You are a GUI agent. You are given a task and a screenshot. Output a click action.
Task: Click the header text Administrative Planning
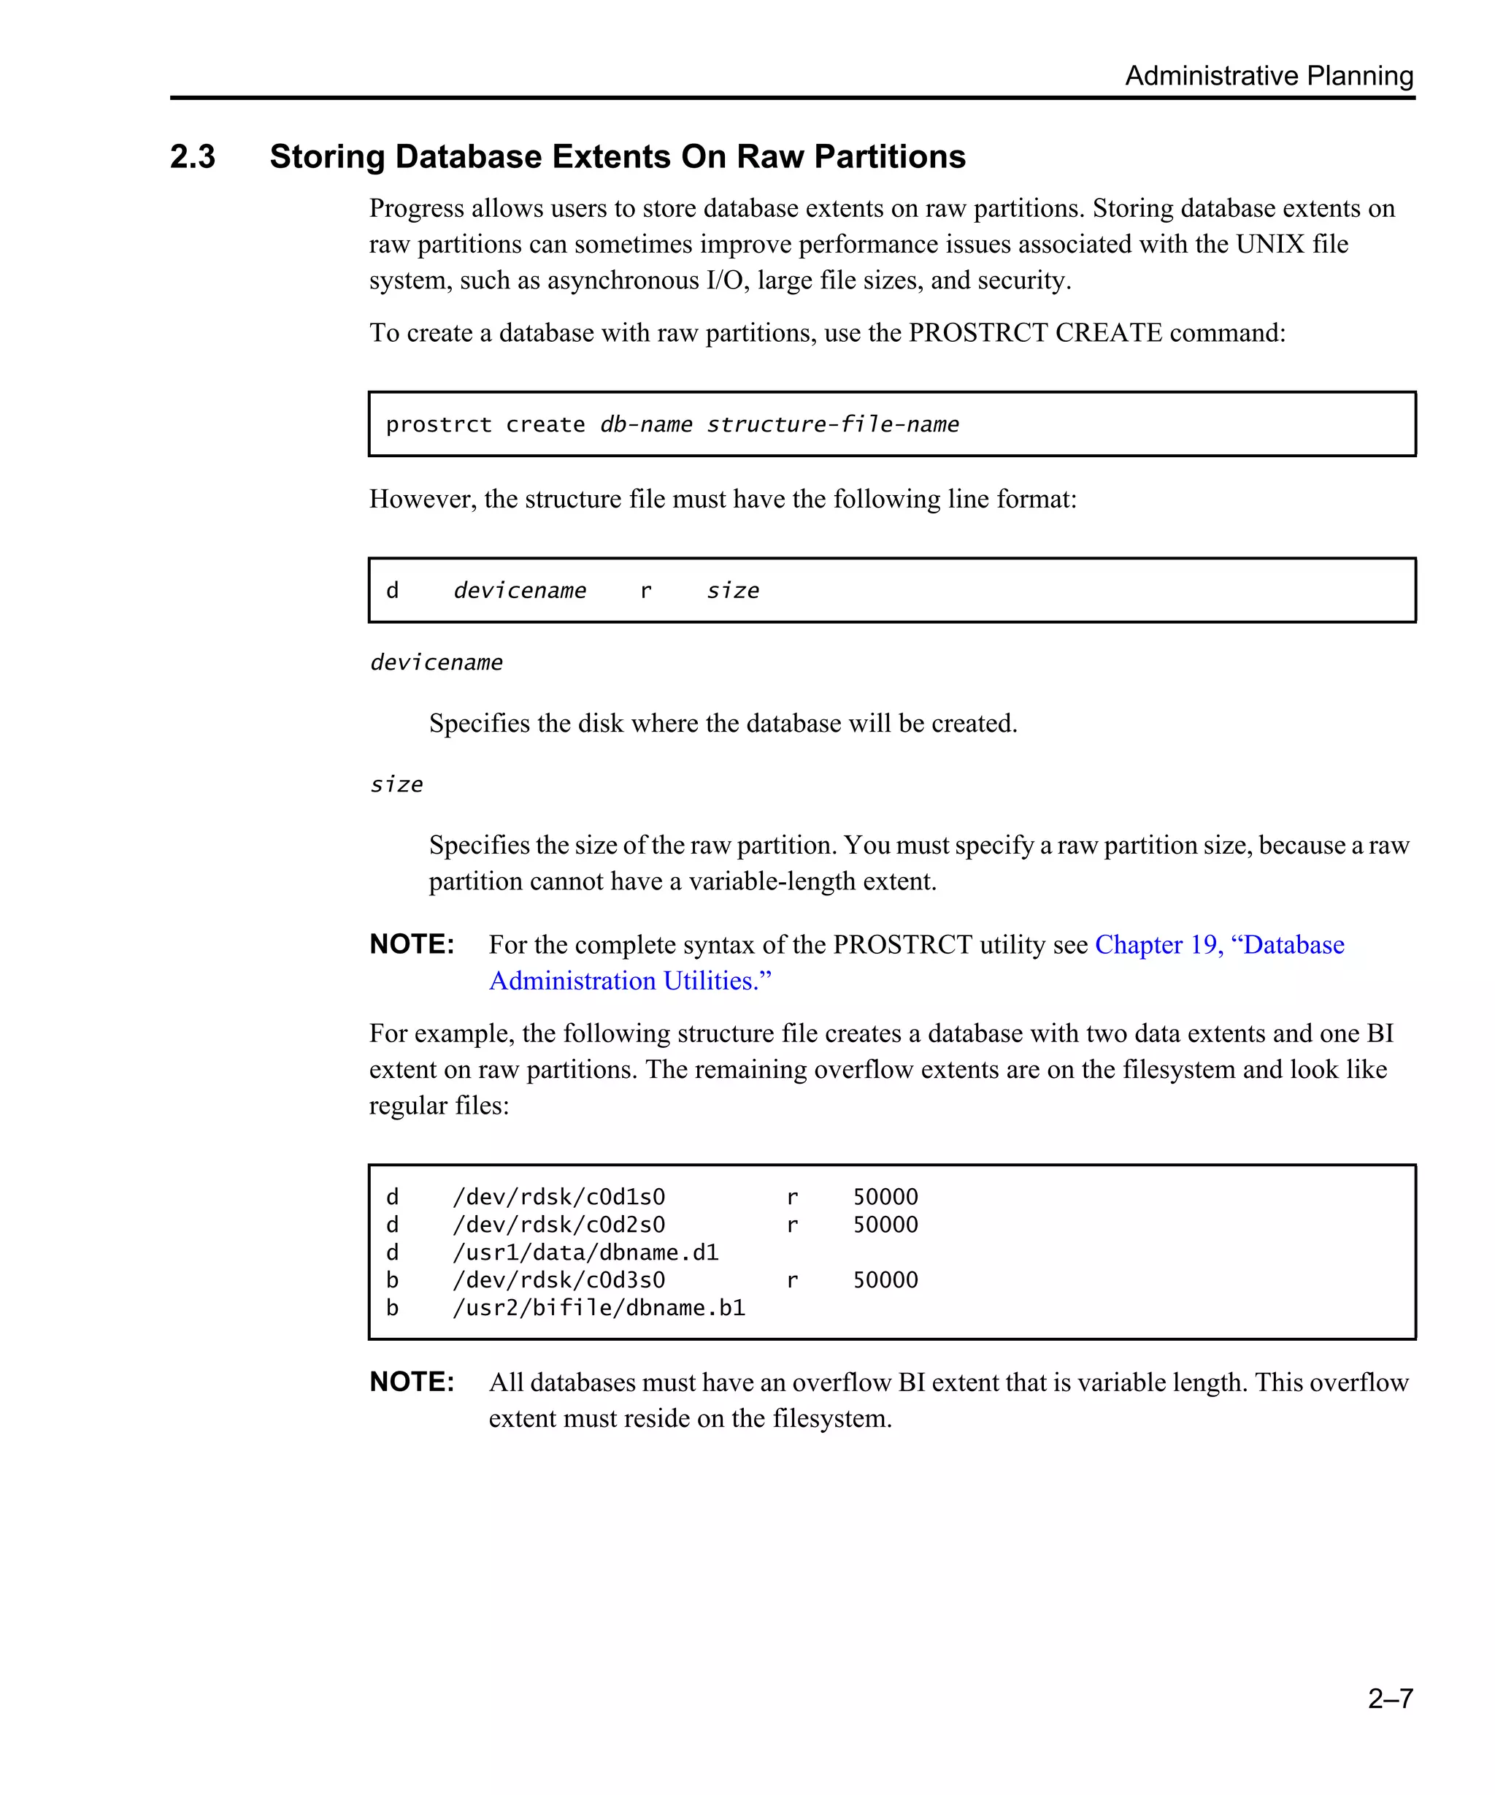click(1268, 76)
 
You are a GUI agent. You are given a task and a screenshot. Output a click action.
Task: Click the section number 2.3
click(192, 157)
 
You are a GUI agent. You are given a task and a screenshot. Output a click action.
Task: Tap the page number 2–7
click(1389, 1698)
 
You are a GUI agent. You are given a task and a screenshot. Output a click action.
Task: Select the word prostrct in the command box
click(438, 425)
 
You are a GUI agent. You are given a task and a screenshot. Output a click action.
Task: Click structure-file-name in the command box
click(832, 425)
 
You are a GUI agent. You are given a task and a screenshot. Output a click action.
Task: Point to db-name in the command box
click(646, 425)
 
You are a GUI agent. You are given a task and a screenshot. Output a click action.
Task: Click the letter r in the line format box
click(646, 592)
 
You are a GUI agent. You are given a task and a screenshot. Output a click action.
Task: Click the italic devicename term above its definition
click(436, 662)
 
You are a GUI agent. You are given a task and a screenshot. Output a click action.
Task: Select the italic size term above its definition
click(396, 784)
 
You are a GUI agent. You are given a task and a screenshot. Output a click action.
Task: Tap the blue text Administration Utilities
click(630, 981)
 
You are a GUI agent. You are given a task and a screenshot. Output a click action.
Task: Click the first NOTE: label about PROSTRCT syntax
click(412, 944)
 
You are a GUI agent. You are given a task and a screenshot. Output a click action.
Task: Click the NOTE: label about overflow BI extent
click(412, 1382)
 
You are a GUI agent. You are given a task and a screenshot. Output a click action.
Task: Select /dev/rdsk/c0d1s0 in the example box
click(558, 1198)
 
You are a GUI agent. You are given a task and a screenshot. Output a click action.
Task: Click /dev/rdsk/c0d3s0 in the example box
click(558, 1280)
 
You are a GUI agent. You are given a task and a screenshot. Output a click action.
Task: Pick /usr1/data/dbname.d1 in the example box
click(585, 1253)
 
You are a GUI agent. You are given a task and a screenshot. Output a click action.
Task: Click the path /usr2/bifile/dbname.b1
click(599, 1309)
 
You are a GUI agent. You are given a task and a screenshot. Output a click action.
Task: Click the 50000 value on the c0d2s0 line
click(885, 1225)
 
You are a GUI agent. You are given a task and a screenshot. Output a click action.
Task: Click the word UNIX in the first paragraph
click(1269, 245)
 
